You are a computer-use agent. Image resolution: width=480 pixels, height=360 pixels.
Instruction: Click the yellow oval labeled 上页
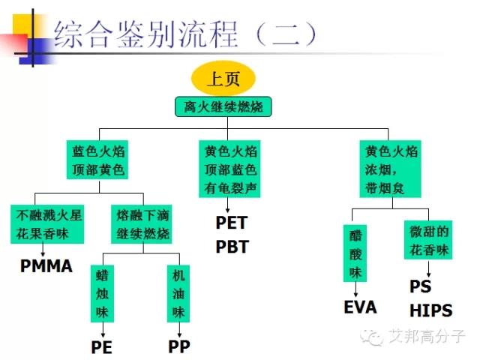(x=223, y=76)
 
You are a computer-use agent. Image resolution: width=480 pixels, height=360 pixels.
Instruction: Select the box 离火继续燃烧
(x=223, y=106)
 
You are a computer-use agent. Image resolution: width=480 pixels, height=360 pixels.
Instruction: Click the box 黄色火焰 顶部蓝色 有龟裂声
(x=231, y=169)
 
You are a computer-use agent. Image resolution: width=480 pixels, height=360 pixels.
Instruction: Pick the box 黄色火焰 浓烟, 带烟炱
(x=387, y=169)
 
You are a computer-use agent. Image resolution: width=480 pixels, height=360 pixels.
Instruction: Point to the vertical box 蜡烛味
(x=102, y=293)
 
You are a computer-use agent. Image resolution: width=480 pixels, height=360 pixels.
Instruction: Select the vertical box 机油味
(x=178, y=293)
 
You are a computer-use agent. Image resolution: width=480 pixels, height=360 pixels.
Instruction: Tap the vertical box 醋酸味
(x=355, y=253)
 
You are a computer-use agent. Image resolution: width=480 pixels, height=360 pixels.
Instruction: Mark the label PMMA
(x=46, y=265)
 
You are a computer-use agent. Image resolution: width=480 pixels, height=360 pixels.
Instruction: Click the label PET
(x=231, y=223)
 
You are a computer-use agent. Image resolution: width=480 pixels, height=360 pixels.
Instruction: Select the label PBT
(x=231, y=247)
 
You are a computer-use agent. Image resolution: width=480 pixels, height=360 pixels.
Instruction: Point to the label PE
(x=102, y=347)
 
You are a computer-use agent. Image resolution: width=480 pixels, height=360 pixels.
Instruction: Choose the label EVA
(x=360, y=307)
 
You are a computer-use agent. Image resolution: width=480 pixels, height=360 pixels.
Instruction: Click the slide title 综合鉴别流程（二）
(x=186, y=33)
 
